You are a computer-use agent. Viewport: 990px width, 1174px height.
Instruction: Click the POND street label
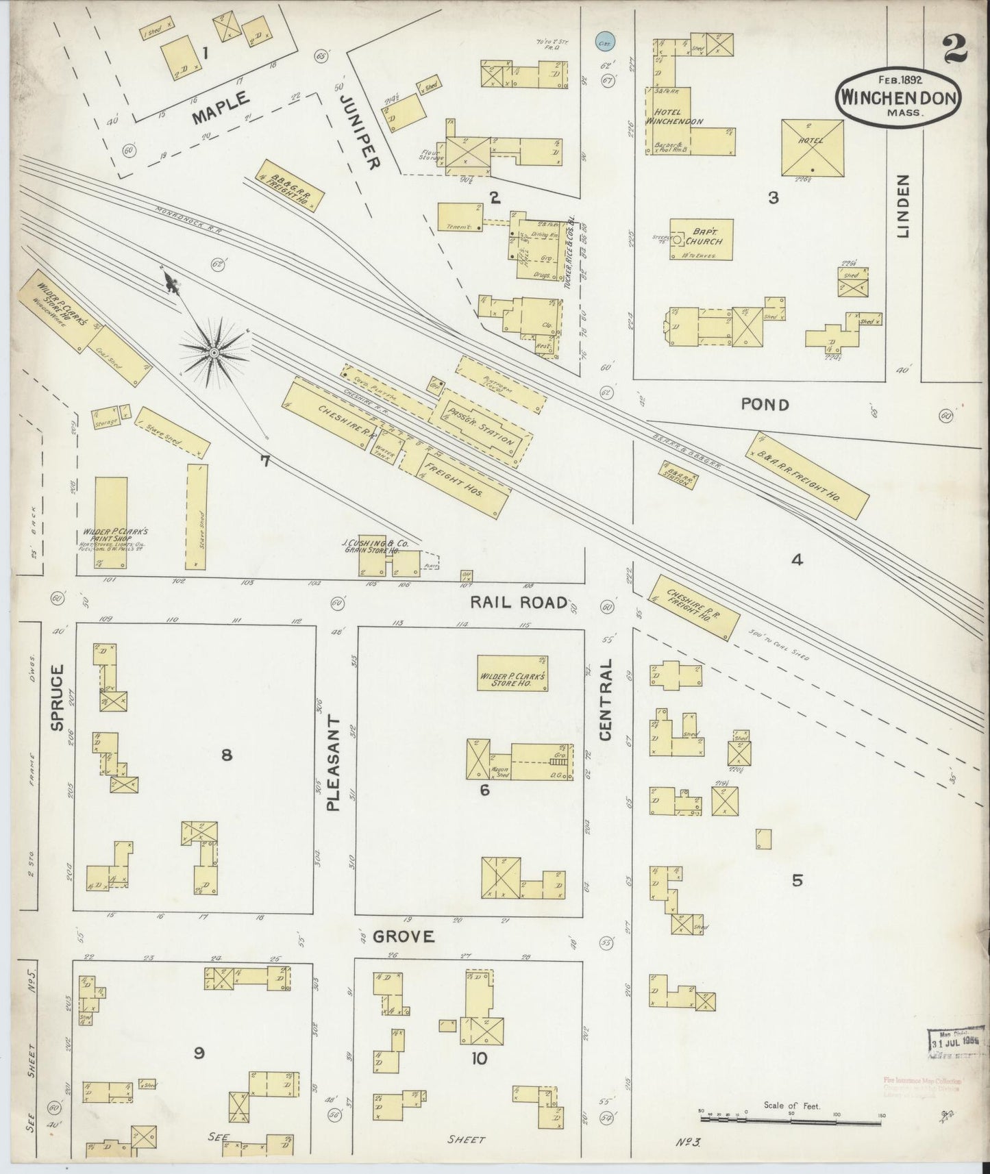(x=765, y=405)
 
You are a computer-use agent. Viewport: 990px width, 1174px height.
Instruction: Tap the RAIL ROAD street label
(x=519, y=602)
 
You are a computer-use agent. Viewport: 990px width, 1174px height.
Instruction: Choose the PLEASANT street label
(x=334, y=763)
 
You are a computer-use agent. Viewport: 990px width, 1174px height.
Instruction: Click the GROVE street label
(x=404, y=936)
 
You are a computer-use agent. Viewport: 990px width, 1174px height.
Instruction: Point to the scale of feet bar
(x=791, y=1119)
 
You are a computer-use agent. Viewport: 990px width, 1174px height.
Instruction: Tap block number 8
(x=226, y=755)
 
